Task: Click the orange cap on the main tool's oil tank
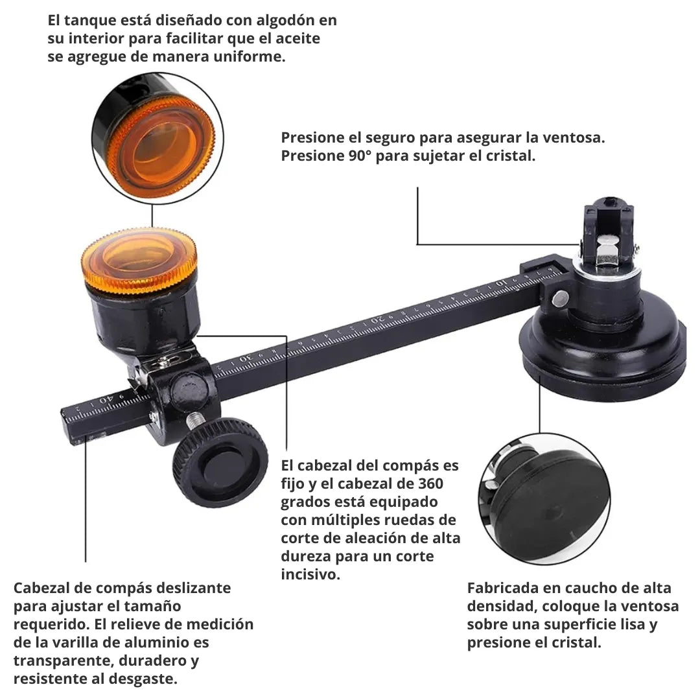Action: (139, 259)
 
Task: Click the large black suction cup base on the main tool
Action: (603, 350)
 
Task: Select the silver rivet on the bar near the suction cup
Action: (560, 297)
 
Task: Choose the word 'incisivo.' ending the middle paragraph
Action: (310, 574)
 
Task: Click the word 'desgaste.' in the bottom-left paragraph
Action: (145, 679)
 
